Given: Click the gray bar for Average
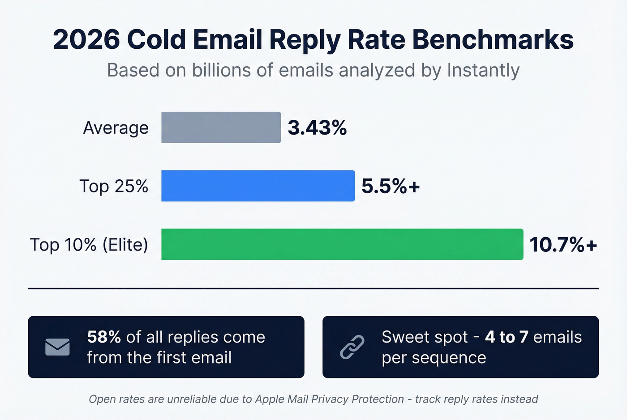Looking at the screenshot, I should [221, 127].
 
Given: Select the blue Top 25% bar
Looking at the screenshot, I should [258, 186].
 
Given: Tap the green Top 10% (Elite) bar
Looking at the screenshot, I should [342, 244].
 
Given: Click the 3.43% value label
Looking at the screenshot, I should [317, 128].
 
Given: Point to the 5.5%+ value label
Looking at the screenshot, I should [391, 186].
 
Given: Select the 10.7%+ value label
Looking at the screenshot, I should [563, 245].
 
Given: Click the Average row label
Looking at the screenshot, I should [116, 128].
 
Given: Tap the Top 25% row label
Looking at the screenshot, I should [114, 186].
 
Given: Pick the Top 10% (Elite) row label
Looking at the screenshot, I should [89, 245].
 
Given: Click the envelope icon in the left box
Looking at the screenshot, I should [57, 347].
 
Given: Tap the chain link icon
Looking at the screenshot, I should [352, 347].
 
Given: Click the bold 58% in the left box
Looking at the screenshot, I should [104, 337].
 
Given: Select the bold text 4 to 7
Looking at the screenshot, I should [507, 337].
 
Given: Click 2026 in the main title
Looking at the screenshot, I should [86, 39].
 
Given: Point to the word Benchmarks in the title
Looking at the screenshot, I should [493, 39].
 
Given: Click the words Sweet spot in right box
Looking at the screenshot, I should [425, 337].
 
